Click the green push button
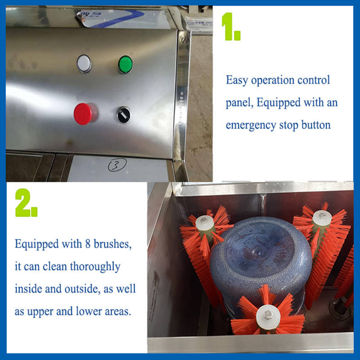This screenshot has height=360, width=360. pyautogui.click(x=126, y=64)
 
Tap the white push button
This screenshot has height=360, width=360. pyautogui.click(x=84, y=63)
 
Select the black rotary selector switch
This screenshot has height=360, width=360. pyautogui.click(x=124, y=115)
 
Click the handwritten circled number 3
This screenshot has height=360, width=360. pyautogui.click(x=117, y=165)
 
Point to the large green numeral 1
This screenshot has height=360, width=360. pyautogui.click(x=231, y=27)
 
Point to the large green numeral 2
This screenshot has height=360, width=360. pyautogui.click(x=26, y=203)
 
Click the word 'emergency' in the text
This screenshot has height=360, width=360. pyautogui.click(x=251, y=126)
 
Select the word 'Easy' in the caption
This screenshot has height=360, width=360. pyautogui.click(x=237, y=81)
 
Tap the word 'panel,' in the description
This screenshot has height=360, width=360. pyautogui.click(x=239, y=103)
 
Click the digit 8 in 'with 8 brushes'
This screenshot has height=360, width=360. pyautogui.click(x=88, y=244)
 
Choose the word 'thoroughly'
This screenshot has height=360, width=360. pyautogui.click(x=95, y=267)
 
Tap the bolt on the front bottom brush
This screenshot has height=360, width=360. pyautogui.click(x=268, y=315)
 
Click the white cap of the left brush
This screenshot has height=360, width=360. pyautogui.click(x=205, y=223)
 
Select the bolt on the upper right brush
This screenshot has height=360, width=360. pyautogui.click(x=322, y=216)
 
